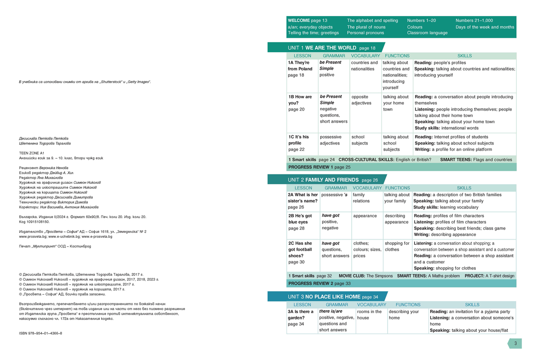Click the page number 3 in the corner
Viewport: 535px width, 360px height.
(x=515, y=343)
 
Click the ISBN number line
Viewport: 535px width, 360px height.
(x=41, y=333)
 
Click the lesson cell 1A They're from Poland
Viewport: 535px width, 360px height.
(x=300, y=69)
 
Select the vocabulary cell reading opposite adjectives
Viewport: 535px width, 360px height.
(x=364, y=99)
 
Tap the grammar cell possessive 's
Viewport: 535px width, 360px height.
(x=334, y=194)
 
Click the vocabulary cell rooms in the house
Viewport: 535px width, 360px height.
(x=370, y=314)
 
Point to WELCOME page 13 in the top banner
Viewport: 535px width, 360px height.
(x=308, y=21)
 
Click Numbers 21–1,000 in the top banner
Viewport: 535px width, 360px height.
(x=474, y=21)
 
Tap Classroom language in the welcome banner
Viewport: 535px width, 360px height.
(x=427, y=33)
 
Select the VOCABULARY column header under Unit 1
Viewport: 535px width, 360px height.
(x=365, y=56)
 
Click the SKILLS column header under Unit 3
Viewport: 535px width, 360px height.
(x=472, y=305)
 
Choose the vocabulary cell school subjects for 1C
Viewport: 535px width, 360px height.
(x=359, y=140)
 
